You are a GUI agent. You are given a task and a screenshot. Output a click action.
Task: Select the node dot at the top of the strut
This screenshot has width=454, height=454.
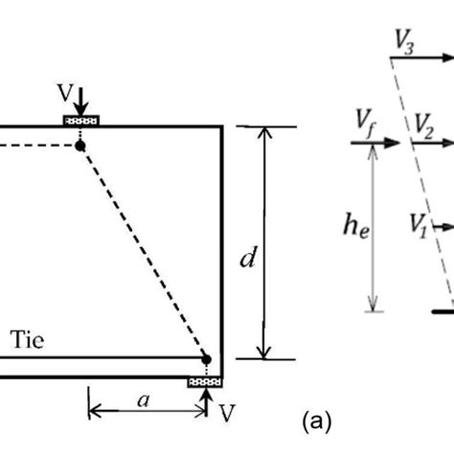click(80, 145)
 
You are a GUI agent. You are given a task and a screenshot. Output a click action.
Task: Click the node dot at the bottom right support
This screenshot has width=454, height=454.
click(206, 360)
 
